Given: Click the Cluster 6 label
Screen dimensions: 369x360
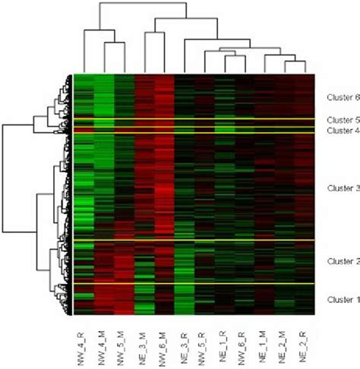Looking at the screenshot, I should tap(343, 97).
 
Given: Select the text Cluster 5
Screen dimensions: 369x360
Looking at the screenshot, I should tap(343, 120).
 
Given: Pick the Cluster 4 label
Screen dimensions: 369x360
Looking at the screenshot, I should tap(343, 131).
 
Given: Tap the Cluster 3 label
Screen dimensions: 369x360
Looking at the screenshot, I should tap(343, 188).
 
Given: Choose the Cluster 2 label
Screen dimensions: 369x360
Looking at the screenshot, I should tap(343, 262).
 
